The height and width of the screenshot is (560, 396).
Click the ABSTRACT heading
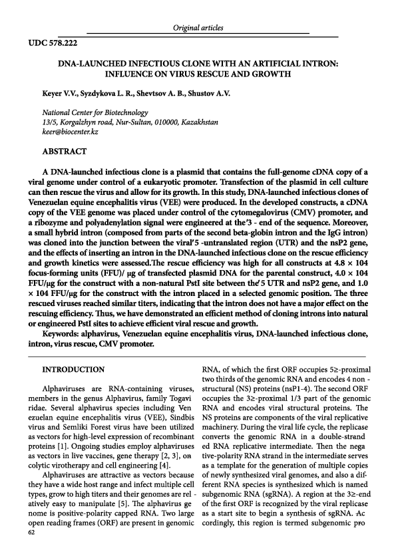pyautogui.click(x=65, y=152)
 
